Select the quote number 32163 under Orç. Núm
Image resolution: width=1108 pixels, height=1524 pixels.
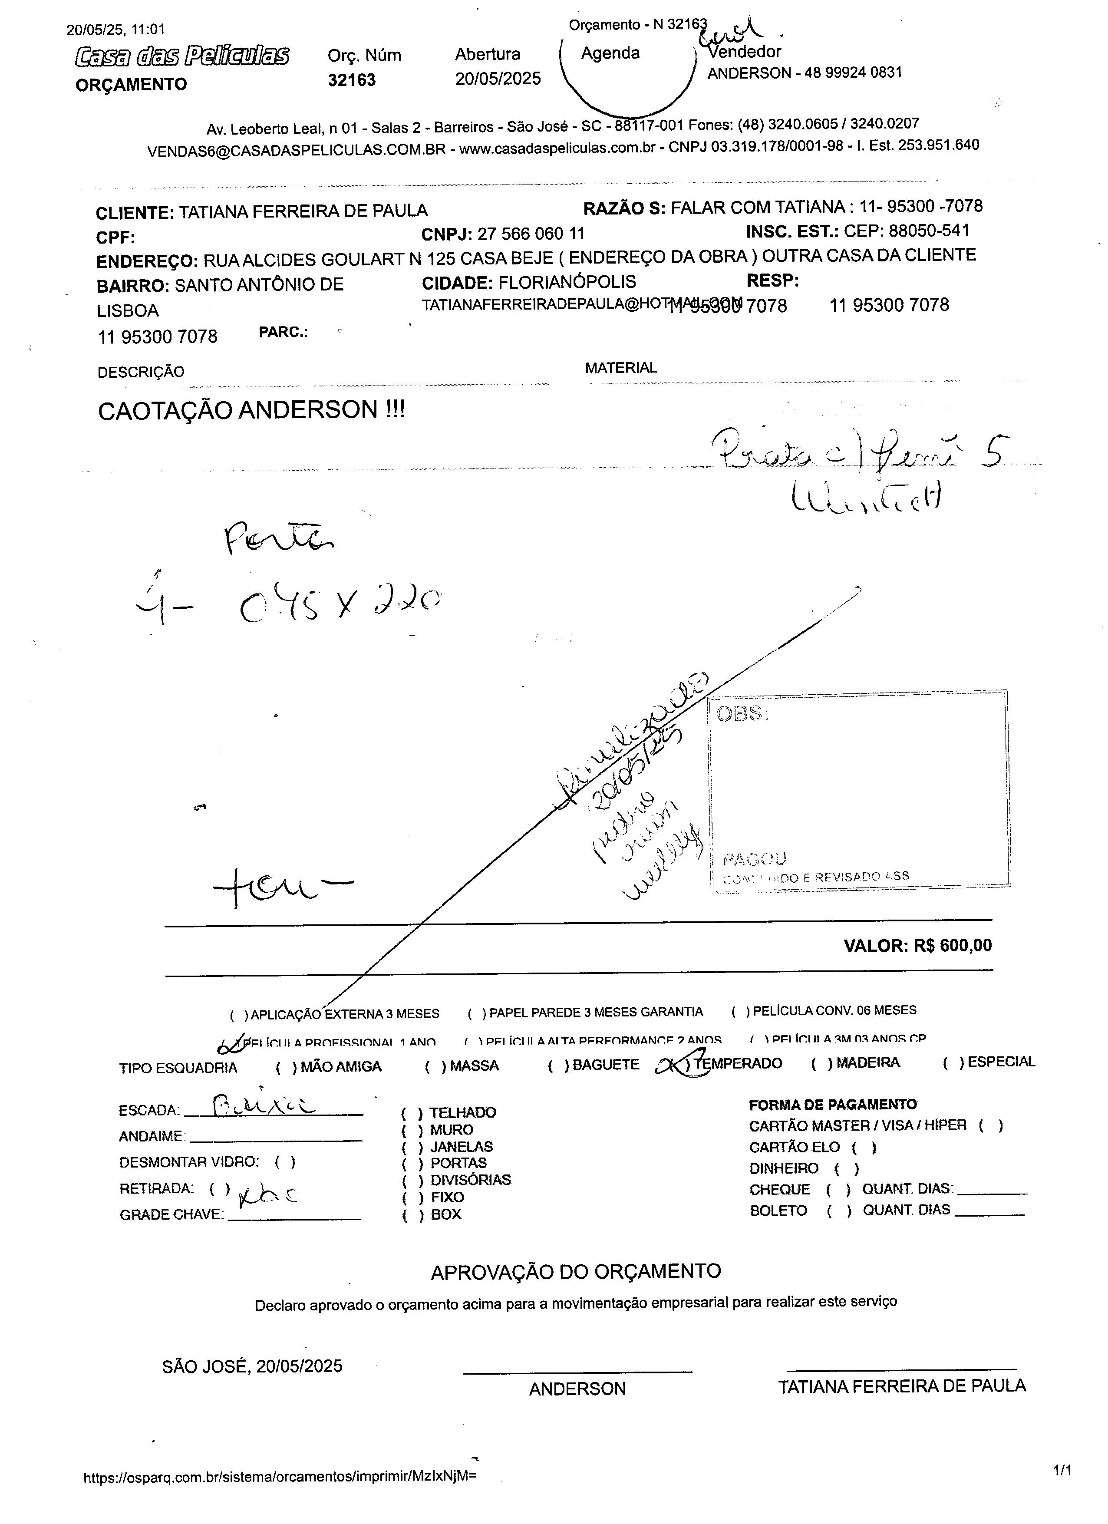[351, 80]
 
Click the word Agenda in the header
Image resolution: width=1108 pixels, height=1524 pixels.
[610, 53]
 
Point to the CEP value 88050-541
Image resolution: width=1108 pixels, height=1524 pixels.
[929, 231]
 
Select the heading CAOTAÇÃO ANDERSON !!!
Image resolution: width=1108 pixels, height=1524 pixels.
[251, 410]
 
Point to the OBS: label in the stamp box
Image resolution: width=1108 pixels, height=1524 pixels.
[742, 714]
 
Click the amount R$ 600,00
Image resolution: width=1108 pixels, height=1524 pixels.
[952, 946]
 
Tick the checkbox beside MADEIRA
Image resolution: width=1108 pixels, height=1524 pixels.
[821, 1063]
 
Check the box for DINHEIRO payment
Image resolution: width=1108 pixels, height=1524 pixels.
[847, 1168]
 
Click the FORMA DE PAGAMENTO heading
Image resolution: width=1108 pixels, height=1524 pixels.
[832, 1105]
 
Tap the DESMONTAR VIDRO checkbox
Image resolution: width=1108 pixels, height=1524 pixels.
[285, 1162]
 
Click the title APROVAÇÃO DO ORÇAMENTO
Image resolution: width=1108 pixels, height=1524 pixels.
[575, 1271]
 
